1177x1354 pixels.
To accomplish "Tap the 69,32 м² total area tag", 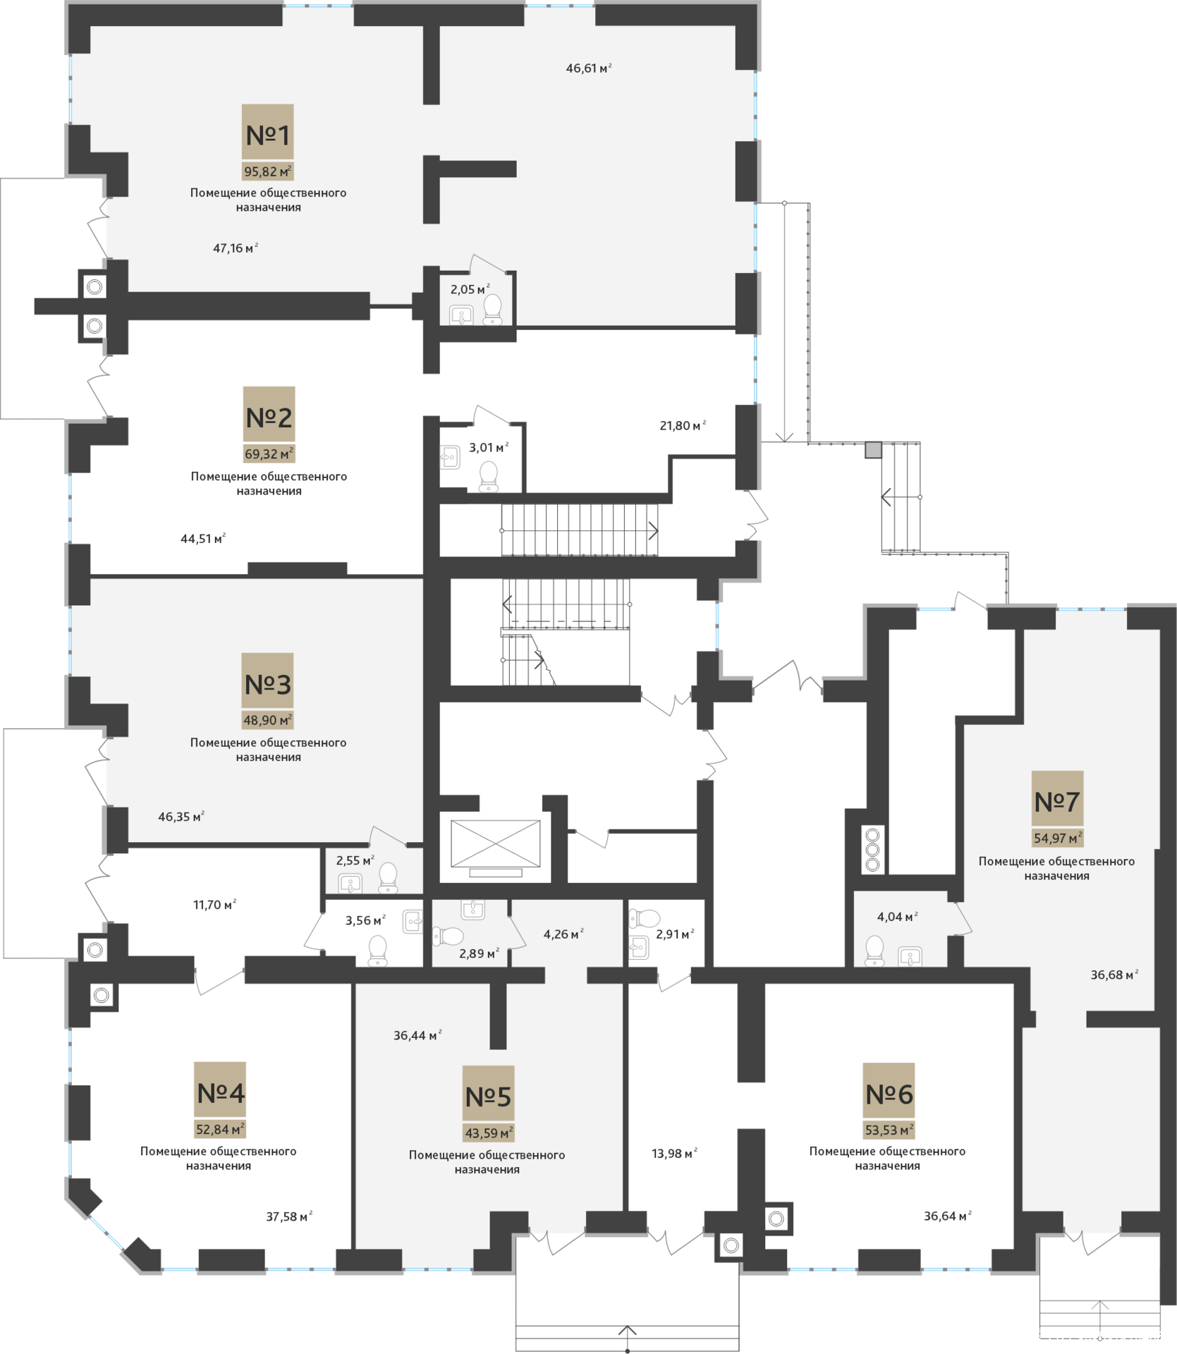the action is [x=269, y=453].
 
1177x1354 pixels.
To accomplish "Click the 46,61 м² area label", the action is [x=589, y=68].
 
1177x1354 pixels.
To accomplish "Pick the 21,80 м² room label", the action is [x=683, y=425].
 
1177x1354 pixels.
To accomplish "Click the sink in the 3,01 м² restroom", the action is [x=450, y=457].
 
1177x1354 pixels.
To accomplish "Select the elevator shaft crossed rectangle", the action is [x=496, y=843].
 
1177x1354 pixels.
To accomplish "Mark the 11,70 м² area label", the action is [x=214, y=905].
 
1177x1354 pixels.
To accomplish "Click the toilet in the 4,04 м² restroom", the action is [x=874, y=951].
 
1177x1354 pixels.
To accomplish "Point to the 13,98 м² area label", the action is [x=674, y=1154].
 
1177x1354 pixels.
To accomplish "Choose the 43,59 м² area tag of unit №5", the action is [x=488, y=1133].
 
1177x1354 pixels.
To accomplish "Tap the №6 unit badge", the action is [x=889, y=1094].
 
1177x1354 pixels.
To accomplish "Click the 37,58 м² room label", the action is [x=289, y=1216].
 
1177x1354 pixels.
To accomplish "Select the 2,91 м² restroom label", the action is [x=675, y=934].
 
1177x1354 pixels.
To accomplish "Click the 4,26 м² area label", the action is [x=563, y=934].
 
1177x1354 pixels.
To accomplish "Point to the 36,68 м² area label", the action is [x=1114, y=975].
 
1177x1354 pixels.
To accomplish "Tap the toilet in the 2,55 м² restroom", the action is [x=388, y=877].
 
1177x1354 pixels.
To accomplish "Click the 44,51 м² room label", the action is [x=203, y=539].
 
